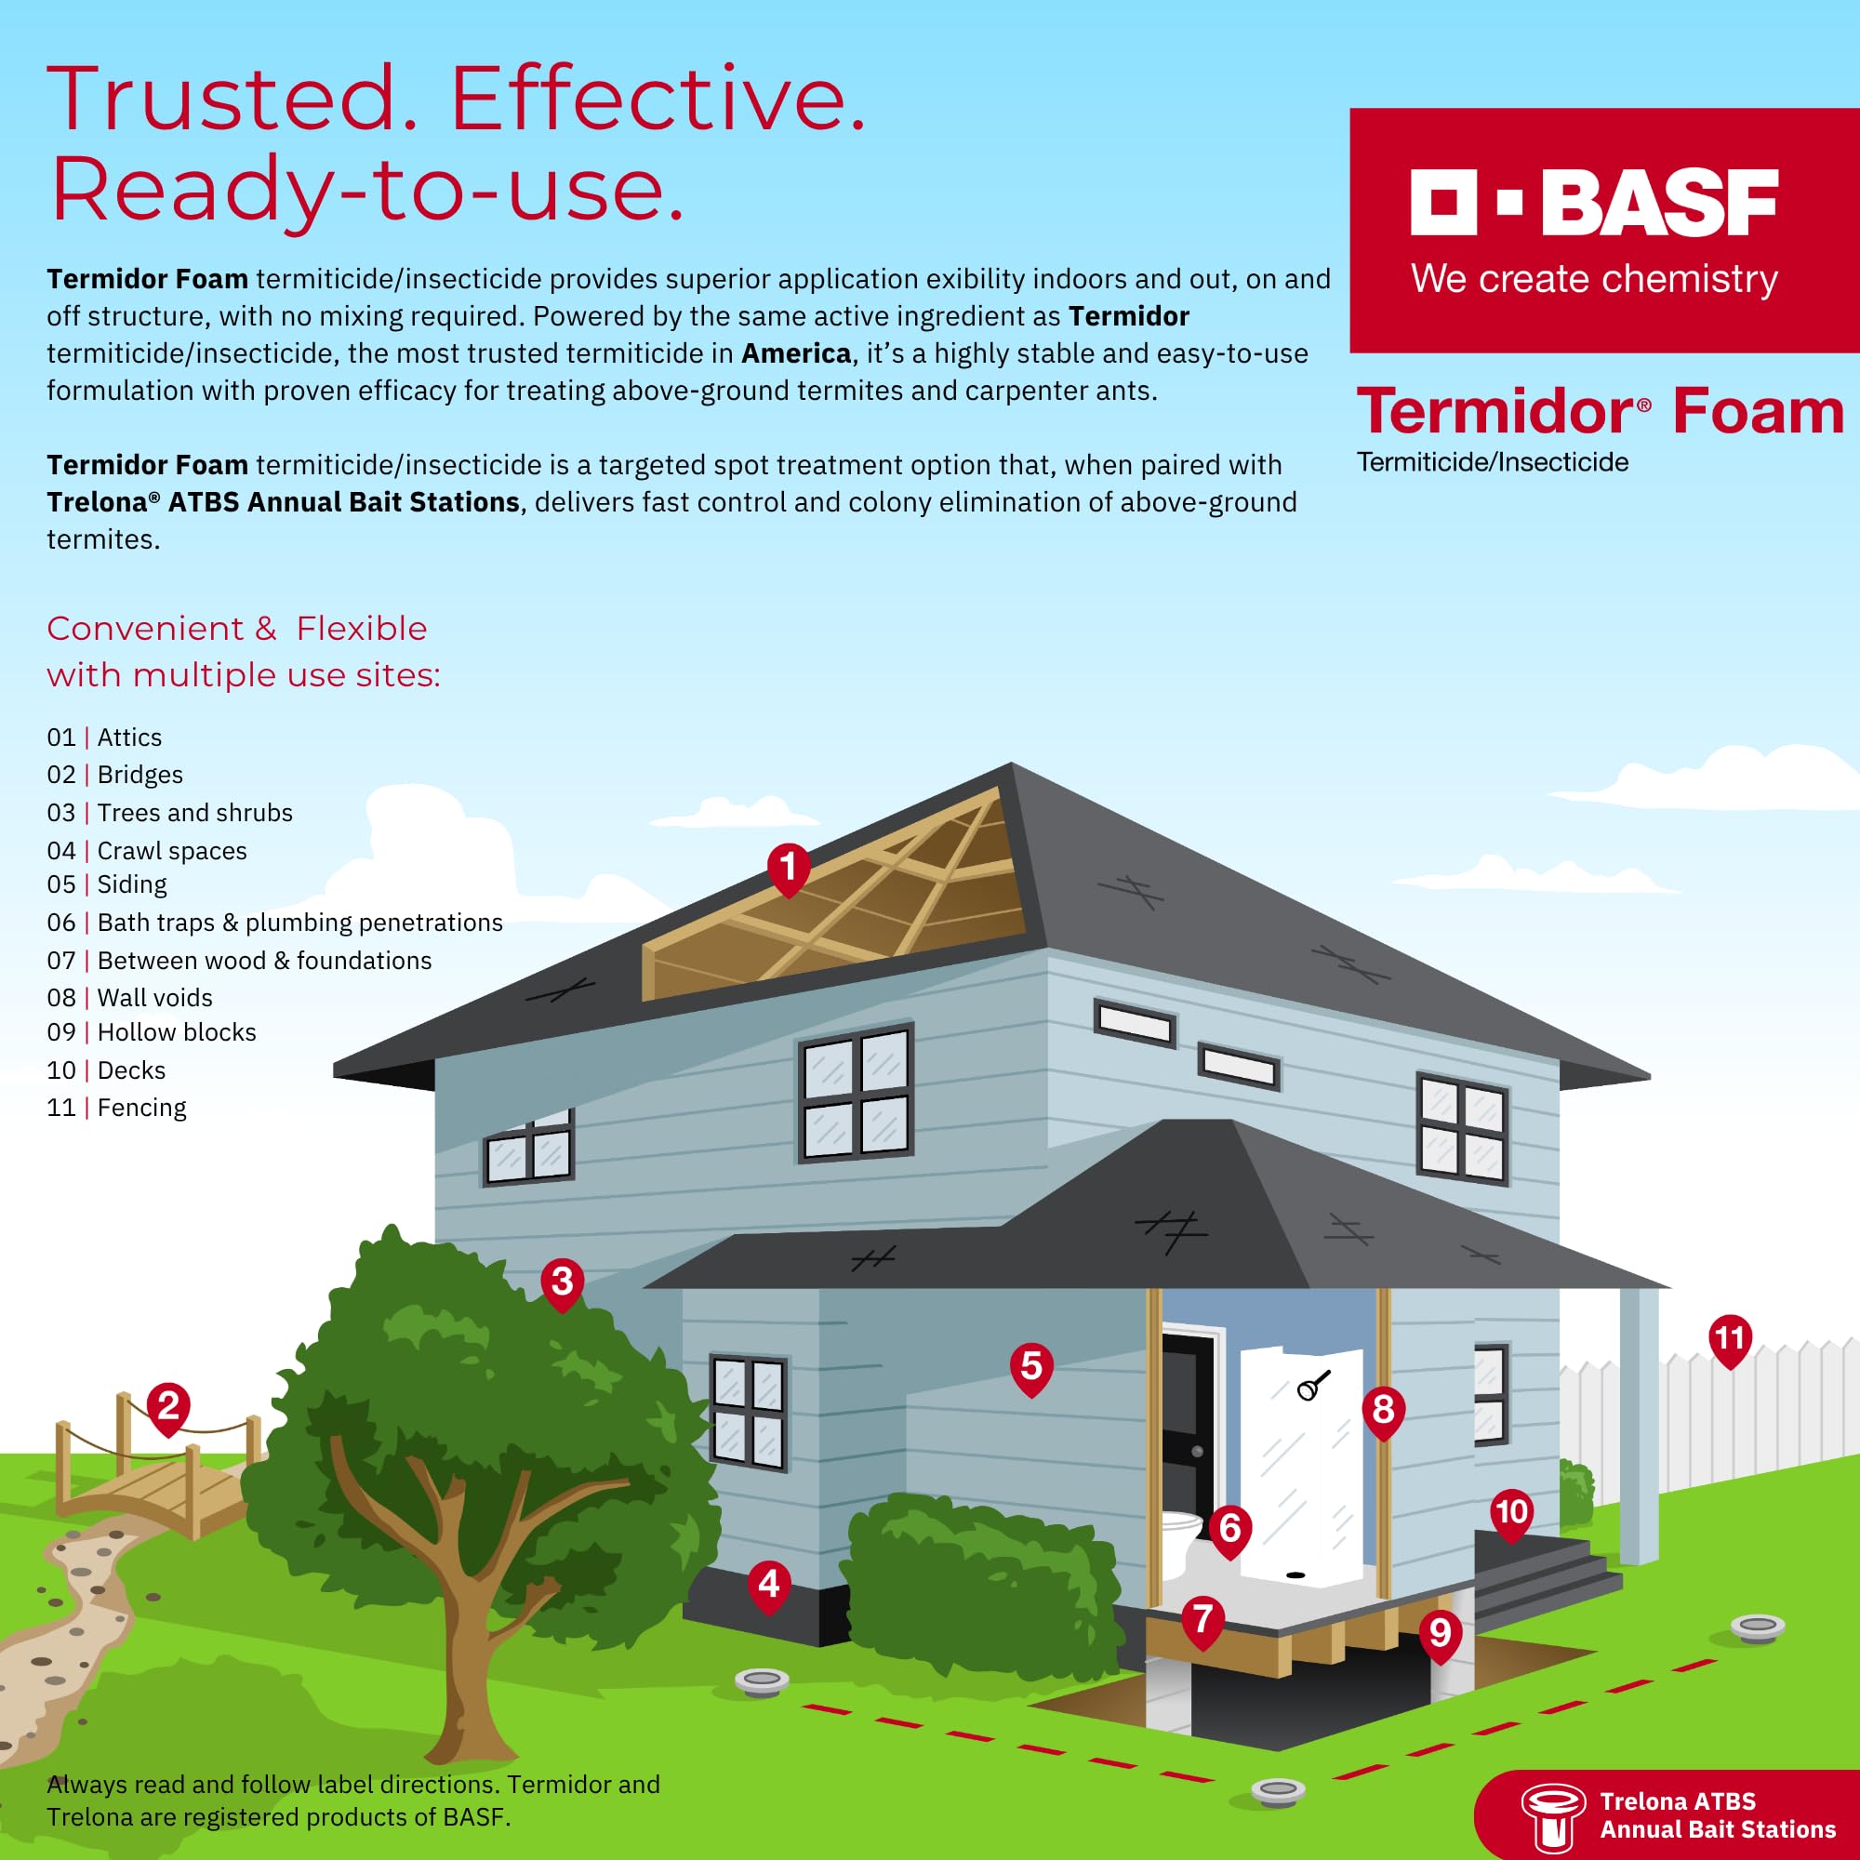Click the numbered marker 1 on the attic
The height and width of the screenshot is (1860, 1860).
coord(789,867)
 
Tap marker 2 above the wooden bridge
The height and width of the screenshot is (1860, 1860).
coord(168,1405)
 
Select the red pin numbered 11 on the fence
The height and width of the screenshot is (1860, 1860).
coord(1729,1338)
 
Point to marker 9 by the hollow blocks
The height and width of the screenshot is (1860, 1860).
coord(1441,1633)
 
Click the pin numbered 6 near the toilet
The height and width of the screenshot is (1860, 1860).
coord(1229,1528)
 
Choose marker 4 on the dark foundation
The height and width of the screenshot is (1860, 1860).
coord(768,1584)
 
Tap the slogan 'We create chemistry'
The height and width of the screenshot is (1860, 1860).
coord(1593,279)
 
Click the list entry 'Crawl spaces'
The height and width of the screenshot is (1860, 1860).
coord(171,851)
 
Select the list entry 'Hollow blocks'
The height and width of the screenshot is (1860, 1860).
coord(176,1032)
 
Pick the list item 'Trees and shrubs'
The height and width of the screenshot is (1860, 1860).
coord(194,813)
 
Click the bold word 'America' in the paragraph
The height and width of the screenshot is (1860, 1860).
coord(795,353)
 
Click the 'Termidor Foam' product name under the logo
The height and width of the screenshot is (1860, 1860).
coord(1599,412)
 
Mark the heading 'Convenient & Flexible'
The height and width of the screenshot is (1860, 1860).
coord(237,629)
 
